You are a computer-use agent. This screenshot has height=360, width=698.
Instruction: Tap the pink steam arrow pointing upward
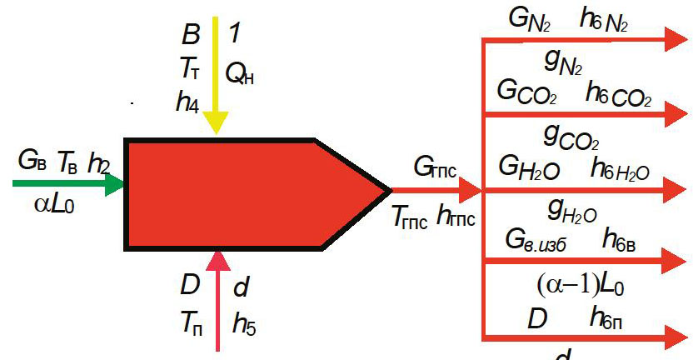218,300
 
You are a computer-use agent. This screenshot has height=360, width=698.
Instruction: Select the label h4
187,101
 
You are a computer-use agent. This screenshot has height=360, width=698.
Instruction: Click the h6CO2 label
617,93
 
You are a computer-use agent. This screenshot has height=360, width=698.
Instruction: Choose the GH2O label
527,168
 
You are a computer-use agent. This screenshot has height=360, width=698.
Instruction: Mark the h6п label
610,317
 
